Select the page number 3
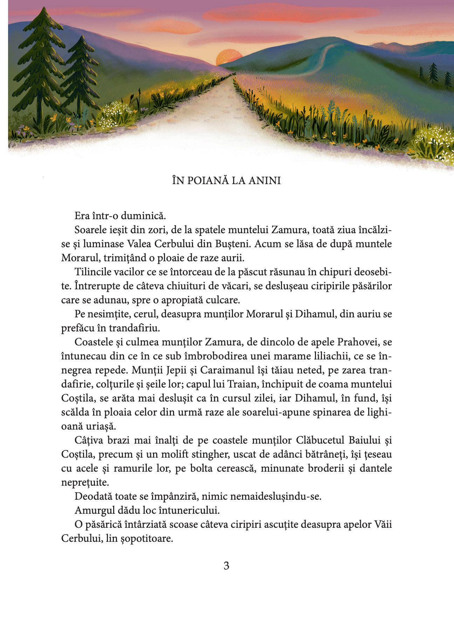point(226,566)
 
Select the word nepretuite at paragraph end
point(85,482)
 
